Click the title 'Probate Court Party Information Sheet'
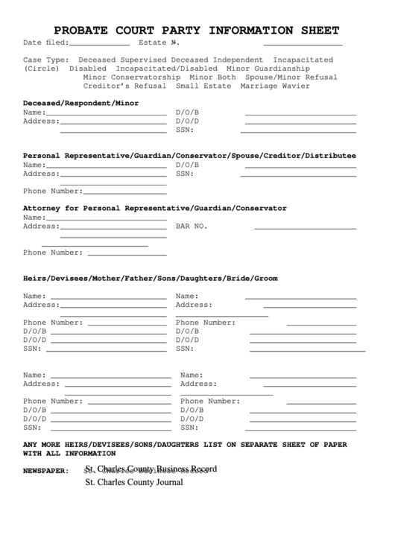pos(197,31)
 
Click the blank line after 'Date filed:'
pos(99,45)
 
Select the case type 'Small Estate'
pos(203,86)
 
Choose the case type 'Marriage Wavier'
pos(275,86)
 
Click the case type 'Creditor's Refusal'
pos(124,86)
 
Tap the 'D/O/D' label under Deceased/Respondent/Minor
pos(187,121)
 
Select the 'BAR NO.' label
pos(192,226)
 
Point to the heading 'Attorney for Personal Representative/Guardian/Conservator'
pos(154,208)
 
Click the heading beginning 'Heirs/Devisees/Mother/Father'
pos(150,278)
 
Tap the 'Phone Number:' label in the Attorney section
pos(53,252)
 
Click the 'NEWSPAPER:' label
pos(45,471)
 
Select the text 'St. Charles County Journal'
pos(133,482)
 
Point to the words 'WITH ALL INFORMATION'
pos(69,453)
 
